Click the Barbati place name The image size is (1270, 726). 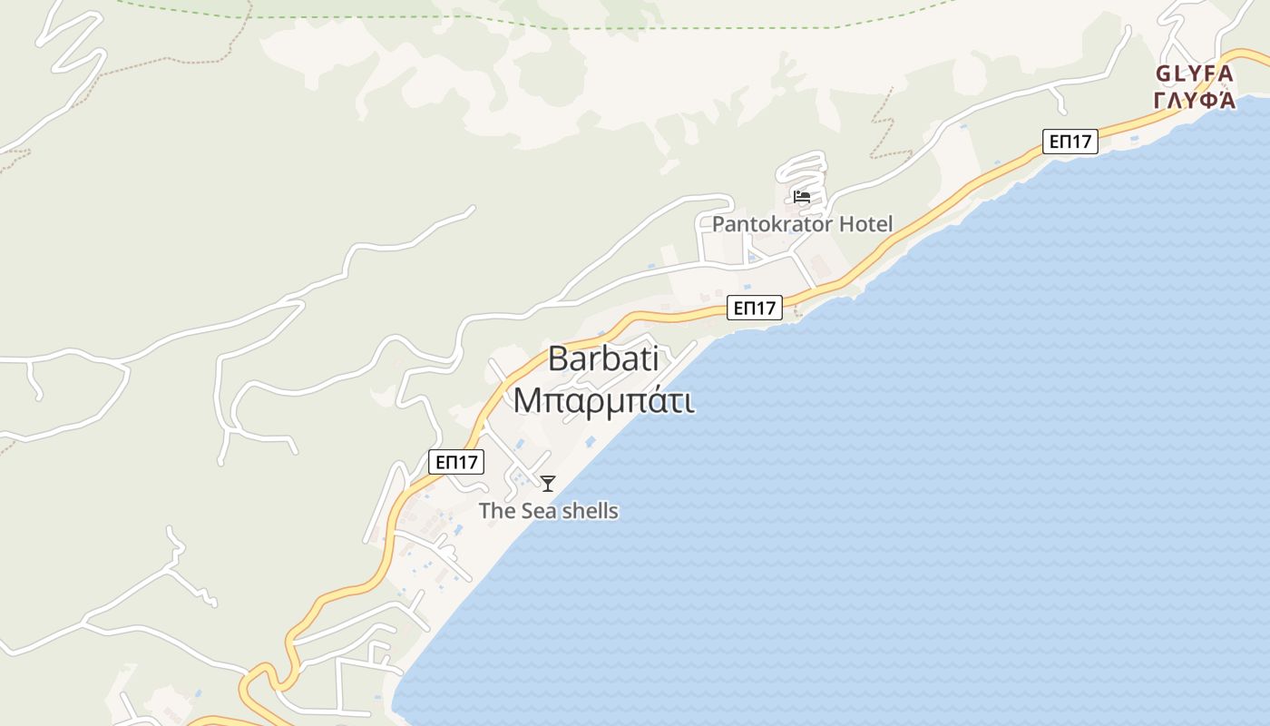pos(603,359)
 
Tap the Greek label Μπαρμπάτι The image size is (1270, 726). pos(603,399)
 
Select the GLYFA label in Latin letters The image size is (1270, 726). pos(1195,73)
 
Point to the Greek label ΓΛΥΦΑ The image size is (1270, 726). pos(1195,99)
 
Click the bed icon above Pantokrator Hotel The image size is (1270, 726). pos(801,196)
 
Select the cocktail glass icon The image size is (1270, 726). pos(548,484)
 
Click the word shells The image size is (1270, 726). pos(590,511)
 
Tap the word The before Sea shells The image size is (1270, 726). pos(497,511)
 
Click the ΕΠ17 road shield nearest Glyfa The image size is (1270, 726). pos(1070,142)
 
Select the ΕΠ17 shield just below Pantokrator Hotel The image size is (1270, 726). pos(755,309)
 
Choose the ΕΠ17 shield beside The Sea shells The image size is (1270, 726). pos(456,462)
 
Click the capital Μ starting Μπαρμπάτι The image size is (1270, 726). pos(527,400)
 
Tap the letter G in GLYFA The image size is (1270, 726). pos(1164,73)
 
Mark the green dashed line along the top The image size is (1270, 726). pos(635,26)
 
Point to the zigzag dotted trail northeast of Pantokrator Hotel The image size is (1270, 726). pos(882,123)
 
